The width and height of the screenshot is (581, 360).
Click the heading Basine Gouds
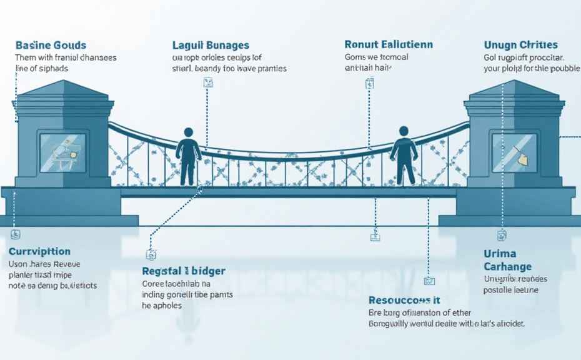pos(51,46)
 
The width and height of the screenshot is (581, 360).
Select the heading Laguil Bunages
pos(211,46)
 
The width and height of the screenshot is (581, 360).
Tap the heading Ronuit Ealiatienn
pos(389,44)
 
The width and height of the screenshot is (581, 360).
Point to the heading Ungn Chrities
pos(520,45)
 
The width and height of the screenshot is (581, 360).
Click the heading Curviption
pos(39,252)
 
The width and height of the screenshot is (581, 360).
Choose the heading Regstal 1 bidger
pos(184,271)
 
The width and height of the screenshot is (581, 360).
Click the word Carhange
pos(507,267)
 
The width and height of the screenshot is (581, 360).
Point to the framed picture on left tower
pos(62,152)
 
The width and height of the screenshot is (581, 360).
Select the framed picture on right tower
pos(514,152)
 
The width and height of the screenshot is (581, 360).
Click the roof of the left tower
pos(62,91)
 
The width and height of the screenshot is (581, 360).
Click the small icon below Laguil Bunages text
pos(208,82)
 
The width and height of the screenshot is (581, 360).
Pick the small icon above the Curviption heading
pos(16,235)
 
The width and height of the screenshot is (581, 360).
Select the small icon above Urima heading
pos(501,236)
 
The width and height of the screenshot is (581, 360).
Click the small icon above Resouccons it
pos(429,281)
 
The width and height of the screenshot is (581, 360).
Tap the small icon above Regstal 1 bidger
pos(151,254)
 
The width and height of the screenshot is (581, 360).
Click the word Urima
pos(499,254)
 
